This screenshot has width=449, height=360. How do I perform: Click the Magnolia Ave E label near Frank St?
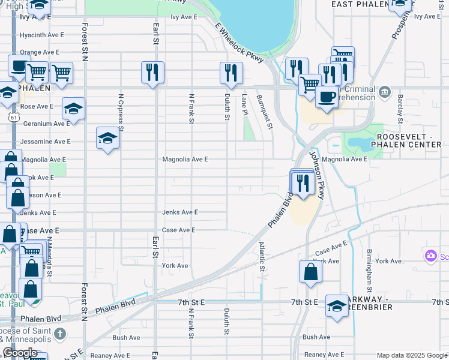185,160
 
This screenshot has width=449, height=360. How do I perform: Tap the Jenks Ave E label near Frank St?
180,212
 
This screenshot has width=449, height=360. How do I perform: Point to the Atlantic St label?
262,256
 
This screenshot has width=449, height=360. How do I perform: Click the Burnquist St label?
265,112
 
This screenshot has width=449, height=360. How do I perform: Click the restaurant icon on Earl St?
152,73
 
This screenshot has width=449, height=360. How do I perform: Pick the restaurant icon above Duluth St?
231,73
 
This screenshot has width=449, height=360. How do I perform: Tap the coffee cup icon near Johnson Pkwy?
326,97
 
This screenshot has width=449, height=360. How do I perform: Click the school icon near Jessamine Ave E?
107,139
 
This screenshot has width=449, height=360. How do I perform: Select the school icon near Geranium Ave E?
73,109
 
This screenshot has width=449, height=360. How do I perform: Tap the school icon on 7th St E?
337,305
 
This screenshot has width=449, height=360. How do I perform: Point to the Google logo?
20,353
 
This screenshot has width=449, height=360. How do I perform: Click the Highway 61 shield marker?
13,118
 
